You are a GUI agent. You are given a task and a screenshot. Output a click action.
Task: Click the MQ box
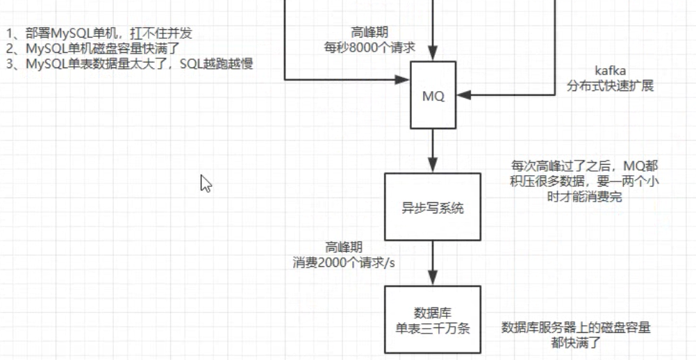point(433,96)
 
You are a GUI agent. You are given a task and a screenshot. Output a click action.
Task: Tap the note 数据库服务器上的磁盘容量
point(576,334)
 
